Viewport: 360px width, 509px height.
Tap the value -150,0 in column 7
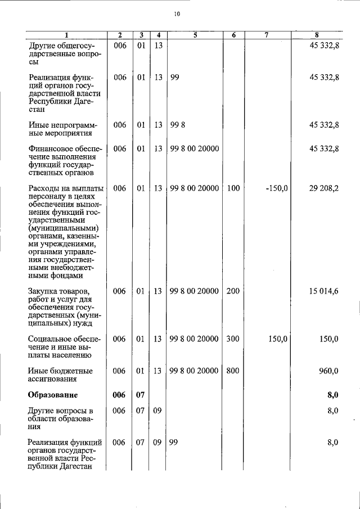277,189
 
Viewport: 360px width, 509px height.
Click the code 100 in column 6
233,189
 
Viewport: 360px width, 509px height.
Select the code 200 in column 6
233,291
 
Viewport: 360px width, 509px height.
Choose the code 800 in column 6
233,371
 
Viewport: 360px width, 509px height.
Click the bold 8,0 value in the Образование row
332,395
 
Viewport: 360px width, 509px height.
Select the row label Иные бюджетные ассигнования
60,375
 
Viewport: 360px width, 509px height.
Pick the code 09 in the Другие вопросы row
158,411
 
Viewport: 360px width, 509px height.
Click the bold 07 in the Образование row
141,395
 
